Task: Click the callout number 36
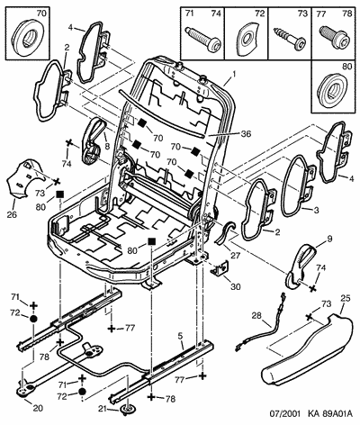246,134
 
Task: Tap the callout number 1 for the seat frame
234,74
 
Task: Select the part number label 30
236,287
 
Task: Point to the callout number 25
346,298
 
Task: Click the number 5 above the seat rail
180,337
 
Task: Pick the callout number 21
103,409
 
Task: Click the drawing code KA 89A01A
329,414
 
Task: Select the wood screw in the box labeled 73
290,38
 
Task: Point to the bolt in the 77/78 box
335,36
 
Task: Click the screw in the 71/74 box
203,38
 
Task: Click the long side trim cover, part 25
309,348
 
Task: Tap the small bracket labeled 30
220,268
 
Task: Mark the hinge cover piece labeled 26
25,179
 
